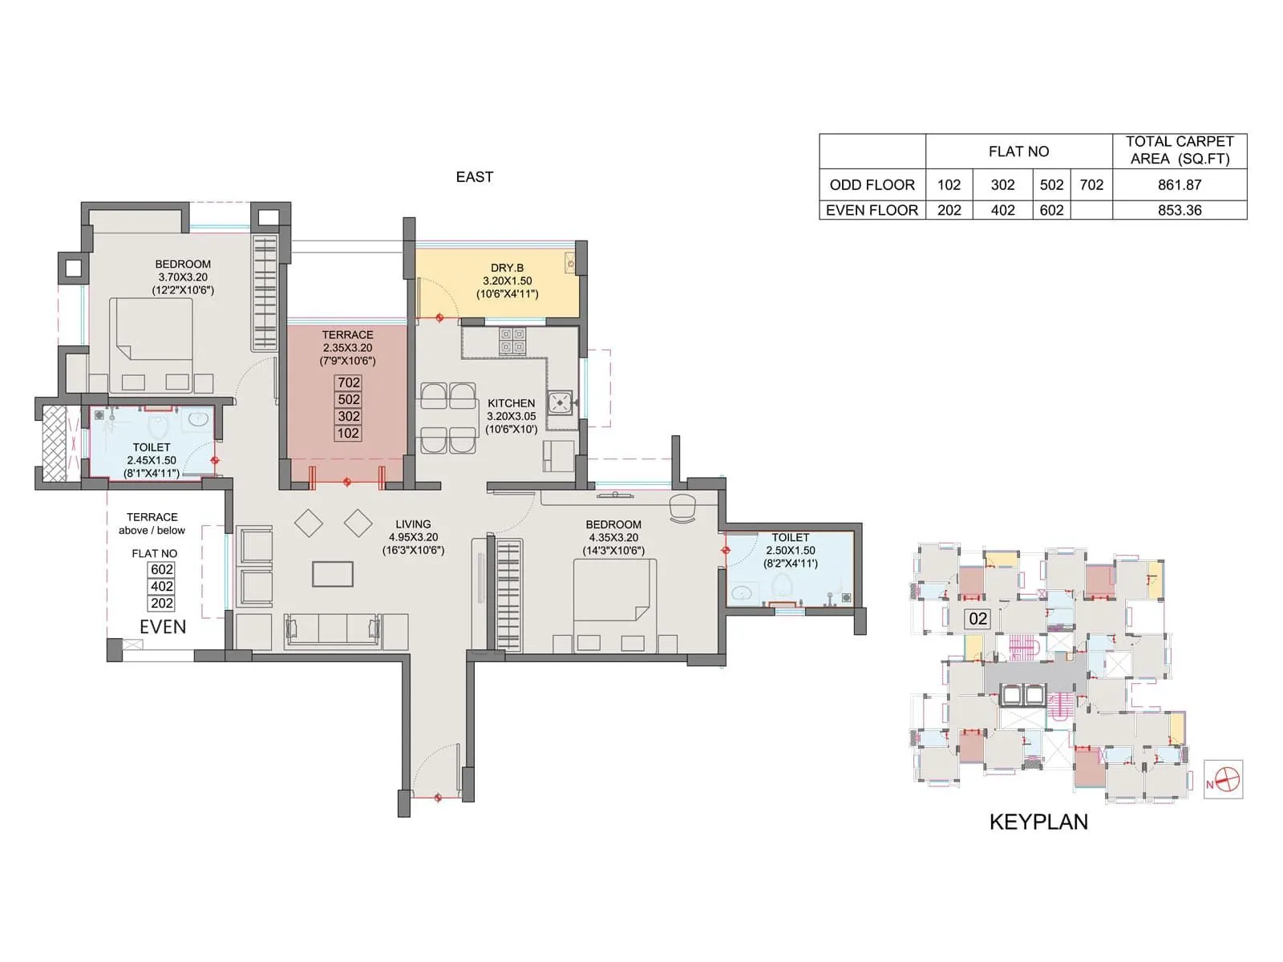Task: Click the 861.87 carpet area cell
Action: coord(1179,184)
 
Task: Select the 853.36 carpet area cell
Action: coord(1179,210)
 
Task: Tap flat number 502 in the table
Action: coord(1051,184)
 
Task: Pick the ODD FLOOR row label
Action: coord(872,184)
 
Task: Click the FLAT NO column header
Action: coord(1018,152)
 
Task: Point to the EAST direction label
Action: coord(474,177)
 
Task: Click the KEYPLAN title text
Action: coord(1038,822)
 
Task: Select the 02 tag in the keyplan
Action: coord(977,619)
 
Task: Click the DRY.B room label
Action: coord(507,268)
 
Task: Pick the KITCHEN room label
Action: coord(511,403)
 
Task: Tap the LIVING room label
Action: coord(413,524)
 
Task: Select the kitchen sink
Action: coord(561,402)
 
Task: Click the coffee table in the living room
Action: coord(333,574)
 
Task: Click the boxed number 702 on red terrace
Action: coord(348,382)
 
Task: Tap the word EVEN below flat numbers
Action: coord(163,627)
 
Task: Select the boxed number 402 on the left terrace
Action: coord(162,586)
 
